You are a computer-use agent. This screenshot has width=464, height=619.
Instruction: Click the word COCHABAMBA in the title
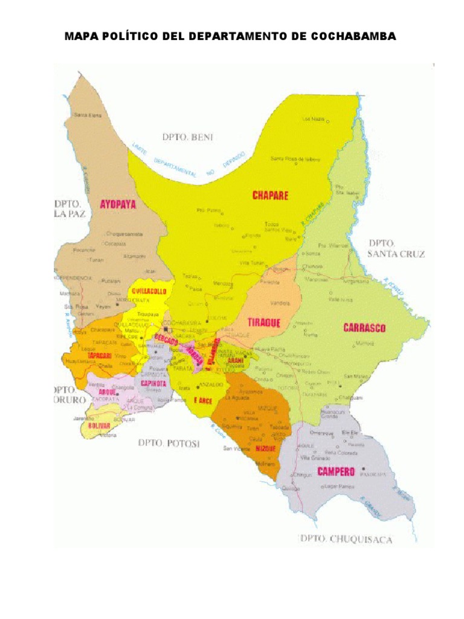pos(353,37)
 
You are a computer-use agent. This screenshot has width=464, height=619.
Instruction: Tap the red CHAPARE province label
pos(270,195)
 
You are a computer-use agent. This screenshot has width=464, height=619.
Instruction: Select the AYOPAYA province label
pos(118,204)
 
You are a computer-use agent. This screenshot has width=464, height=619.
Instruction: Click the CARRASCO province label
pos(364,328)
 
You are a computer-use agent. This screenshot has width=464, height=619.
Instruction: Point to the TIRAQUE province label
pos(265,323)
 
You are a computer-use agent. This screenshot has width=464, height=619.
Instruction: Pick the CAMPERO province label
pos(337,472)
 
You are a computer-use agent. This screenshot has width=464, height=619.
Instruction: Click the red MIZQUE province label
pos(265,449)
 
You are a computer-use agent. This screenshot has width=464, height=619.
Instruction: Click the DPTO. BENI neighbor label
pos(188,137)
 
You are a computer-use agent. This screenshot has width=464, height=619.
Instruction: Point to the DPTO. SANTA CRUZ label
pos(396,248)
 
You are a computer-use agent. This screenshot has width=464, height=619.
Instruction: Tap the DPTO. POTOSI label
pos(169,444)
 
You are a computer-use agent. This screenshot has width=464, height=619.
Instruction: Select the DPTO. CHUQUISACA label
pos(346,539)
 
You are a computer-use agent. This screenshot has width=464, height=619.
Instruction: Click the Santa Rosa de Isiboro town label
pos(295,159)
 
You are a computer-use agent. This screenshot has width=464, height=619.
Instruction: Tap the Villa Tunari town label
pos(253,263)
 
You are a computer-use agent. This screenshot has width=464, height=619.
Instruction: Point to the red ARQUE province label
pos(107,392)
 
